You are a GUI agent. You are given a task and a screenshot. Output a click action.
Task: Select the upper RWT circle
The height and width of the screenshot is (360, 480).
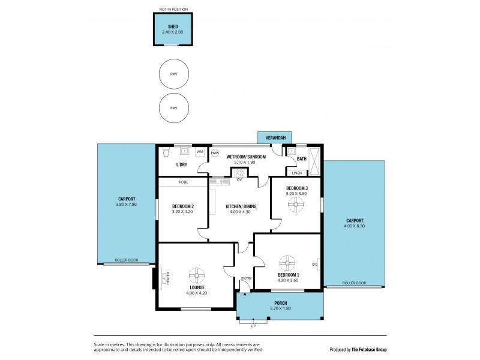[x=173, y=74]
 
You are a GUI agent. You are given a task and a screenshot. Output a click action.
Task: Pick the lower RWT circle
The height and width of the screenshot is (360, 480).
[x=173, y=108]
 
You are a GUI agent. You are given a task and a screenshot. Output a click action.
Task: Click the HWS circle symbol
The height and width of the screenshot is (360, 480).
[x=215, y=152]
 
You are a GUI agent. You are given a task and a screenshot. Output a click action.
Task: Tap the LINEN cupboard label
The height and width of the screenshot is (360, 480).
[x=297, y=173]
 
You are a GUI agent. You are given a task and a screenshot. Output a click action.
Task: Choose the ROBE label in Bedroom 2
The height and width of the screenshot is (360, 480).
[x=184, y=182]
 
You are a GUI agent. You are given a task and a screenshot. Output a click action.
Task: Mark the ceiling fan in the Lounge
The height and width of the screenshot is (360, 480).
[x=197, y=276]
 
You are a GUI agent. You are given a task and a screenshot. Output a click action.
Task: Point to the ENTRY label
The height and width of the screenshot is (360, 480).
[x=246, y=278]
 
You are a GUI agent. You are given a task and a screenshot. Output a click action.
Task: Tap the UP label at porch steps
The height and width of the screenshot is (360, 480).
[x=253, y=326]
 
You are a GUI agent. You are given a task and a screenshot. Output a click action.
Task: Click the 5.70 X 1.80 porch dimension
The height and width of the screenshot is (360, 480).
[x=280, y=309]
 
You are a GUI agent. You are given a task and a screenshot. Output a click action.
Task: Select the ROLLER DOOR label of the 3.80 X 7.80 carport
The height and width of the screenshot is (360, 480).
[x=126, y=260]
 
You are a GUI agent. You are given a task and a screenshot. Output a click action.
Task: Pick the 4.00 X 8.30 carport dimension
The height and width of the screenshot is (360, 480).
[x=353, y=226]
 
